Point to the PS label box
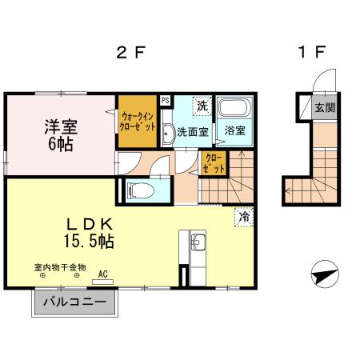(165, 100)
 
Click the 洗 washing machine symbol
(202, 106)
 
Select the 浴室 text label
(234, 130)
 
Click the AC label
(102, 273)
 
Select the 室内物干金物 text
(59, 267)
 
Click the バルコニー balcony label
(74, 302)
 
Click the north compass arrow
(322, 274)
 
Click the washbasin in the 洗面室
(168, 133)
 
